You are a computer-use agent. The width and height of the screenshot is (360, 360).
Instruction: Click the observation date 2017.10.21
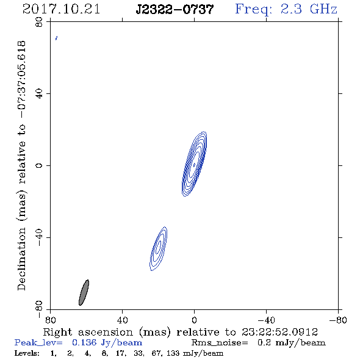coord(61,9)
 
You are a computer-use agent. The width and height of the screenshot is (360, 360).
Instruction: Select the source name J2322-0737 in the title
coord(175,10)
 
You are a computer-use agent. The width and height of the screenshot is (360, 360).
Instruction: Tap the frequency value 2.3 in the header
coord(291,9)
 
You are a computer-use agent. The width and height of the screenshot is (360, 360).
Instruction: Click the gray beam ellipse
coord(84,292)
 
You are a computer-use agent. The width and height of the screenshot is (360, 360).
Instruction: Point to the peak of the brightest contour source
coord(194,165)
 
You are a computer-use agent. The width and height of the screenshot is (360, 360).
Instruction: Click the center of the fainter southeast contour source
coord(158,248)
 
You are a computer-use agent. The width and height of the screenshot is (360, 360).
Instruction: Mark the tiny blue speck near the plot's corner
coord(56,38)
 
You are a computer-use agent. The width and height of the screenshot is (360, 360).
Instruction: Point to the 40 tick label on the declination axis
coord(39,94)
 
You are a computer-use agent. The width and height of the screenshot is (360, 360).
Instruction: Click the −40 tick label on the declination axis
coord(39,237)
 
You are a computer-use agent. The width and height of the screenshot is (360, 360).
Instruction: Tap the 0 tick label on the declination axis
coord(39,165)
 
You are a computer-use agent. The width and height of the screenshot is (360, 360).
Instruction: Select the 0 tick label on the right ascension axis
coord(194,320)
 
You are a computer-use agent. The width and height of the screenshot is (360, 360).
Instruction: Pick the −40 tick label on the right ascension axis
coord(266,320)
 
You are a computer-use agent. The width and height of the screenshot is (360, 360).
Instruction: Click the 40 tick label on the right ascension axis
coord(122,320)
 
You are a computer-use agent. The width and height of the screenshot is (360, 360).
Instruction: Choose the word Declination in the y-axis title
coord(21,259)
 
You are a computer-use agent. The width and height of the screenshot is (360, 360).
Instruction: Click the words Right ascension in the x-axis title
coord(88,332)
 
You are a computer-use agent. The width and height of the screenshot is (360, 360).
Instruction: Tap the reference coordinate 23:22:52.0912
coord(279,332)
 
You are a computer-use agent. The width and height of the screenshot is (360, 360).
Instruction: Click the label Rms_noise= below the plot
coord(220,343)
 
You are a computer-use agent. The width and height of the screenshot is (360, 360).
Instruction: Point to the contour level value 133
coord(174,353)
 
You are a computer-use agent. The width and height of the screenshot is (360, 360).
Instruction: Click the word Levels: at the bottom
coord(27,353)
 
